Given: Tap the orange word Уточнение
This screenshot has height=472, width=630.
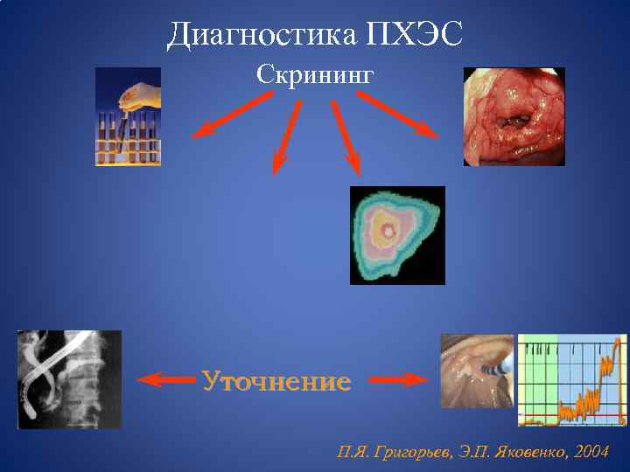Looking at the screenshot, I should [276, 381].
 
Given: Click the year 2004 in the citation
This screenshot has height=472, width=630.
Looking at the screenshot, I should [591, 452].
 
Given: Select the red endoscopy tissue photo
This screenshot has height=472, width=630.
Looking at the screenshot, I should [514, 116].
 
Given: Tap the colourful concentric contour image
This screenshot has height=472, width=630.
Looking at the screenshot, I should [397, 235].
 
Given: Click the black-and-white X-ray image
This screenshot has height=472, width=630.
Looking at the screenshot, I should [69, 379].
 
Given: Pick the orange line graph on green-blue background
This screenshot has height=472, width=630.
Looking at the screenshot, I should [572, 379].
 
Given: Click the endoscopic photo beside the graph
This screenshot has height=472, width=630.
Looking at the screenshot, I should [477, 371].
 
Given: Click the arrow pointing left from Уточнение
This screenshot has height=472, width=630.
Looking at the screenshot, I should [166, 380].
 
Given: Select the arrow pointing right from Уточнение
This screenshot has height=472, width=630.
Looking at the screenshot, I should [398, 380].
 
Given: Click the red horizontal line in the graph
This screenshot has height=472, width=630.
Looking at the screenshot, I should [572, 413].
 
